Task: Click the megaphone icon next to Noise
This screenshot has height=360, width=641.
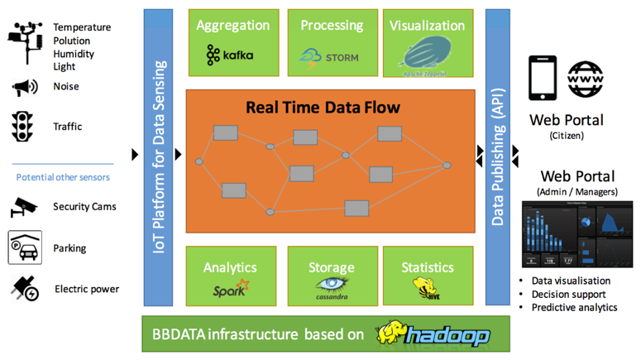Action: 25,86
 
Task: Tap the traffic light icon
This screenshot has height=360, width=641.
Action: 22,127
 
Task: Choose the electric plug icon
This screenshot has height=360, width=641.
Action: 23,288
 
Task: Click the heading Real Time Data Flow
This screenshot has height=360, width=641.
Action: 323,108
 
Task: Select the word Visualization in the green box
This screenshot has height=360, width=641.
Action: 428,26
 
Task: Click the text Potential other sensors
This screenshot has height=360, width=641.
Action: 63,177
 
